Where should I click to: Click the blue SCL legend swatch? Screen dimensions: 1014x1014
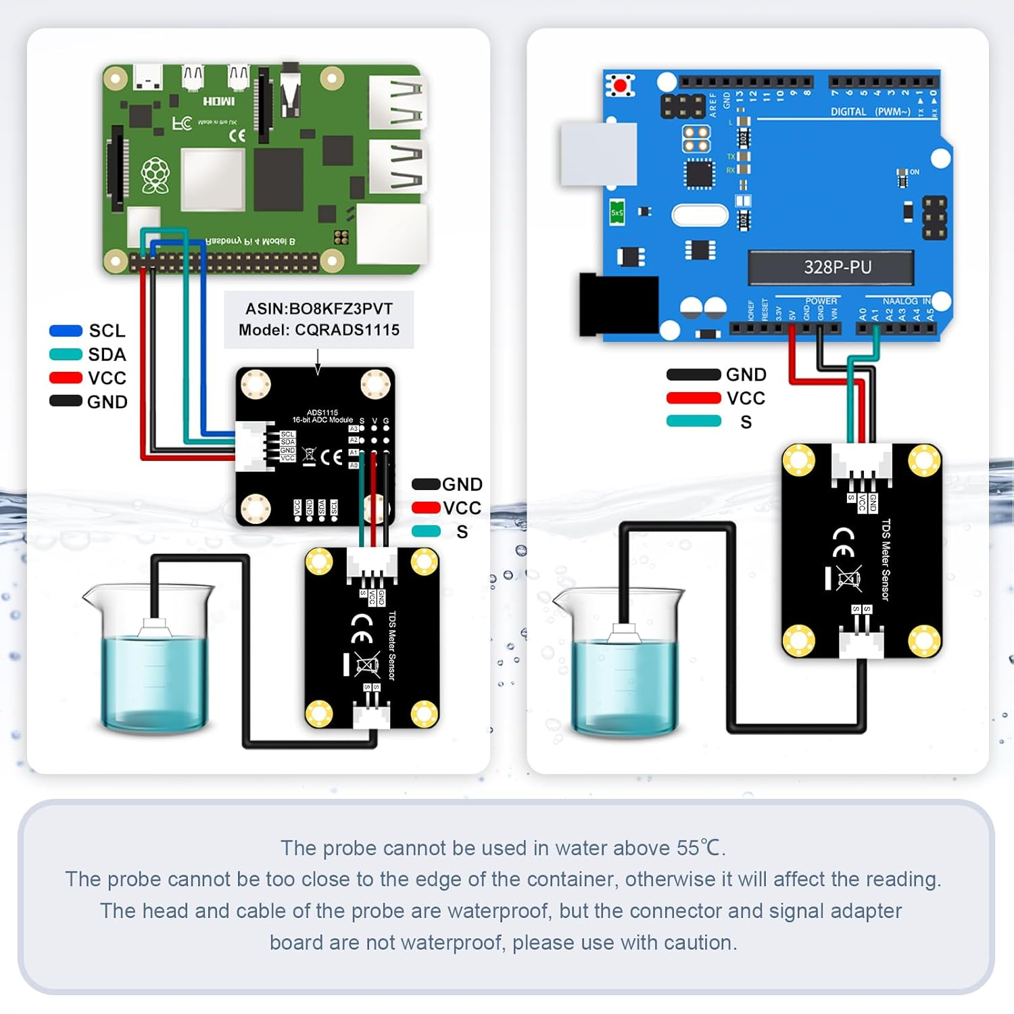coord(66,331)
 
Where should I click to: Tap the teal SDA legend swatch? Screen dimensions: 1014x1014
coord(66,354)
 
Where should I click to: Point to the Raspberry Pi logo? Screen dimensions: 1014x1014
coord(155,176)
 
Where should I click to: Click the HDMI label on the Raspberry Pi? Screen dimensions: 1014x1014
coord(219,101)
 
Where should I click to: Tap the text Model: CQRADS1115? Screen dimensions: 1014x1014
coord(319,330)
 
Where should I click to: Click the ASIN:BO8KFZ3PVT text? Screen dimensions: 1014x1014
coord(319,309)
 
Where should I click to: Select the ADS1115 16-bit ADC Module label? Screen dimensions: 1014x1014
coord(322,416)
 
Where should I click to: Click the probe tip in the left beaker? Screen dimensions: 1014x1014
coord(155,628)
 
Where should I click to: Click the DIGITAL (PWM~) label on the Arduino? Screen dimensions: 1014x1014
coord(870,112)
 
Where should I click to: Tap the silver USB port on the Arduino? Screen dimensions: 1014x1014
coord(598,153)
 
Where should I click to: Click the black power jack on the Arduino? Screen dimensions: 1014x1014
coord(619,304)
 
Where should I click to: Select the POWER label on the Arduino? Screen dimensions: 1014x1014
coord(821,301)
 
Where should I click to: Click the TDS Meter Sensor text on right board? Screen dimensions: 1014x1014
coord(886,559)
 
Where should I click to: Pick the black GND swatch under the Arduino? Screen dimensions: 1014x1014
coord(694,375)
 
